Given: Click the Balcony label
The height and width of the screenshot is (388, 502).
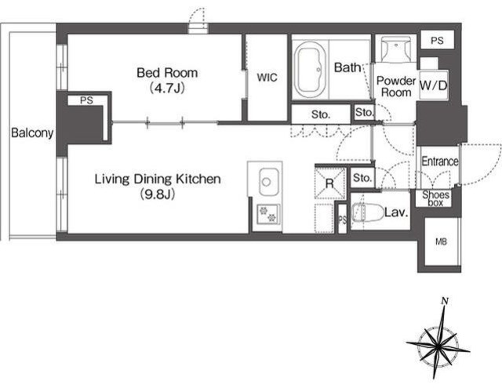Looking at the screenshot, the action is click(32, 132).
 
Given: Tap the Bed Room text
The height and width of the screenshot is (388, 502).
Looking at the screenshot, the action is click(167, 73).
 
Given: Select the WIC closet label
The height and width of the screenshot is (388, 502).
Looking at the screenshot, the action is click(267, 78).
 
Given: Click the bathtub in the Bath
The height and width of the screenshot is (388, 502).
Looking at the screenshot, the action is click(310, 70).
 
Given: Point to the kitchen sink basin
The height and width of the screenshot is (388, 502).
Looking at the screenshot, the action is click(268, 182).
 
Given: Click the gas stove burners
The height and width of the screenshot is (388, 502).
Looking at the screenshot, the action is click(268, 214).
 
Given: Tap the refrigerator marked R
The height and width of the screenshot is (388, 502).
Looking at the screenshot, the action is click(330, 183).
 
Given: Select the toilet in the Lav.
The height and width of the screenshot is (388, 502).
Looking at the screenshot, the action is click(368, 212).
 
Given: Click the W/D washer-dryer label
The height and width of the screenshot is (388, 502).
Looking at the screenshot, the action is click(433, 85).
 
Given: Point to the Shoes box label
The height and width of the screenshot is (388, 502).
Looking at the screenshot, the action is click(435, 198).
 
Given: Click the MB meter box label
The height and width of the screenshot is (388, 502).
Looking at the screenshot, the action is click(441, 242).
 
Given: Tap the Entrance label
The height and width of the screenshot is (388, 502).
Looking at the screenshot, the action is click(439, 161).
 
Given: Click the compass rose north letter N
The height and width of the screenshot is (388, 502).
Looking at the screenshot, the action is click(445, 301).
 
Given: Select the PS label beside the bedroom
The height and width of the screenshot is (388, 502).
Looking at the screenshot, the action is click(86, 100).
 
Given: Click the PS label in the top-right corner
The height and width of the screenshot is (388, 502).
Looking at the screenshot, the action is click(437, 41).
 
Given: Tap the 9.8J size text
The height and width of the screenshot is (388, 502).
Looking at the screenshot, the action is click(158, 194).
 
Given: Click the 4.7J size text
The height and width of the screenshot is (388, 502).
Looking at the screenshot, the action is click(167, 88).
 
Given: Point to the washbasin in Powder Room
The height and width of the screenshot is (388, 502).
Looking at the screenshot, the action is click(396, 49).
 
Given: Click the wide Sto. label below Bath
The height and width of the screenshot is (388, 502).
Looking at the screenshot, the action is click(321, 114).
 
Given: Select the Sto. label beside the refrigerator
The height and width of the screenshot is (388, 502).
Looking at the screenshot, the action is click(362, 177).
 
